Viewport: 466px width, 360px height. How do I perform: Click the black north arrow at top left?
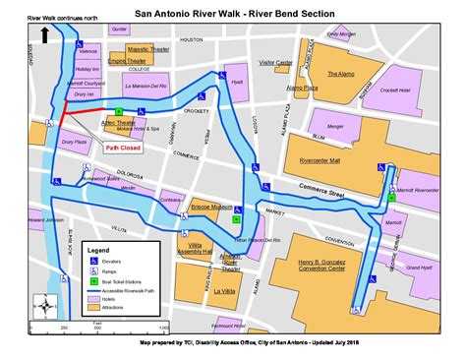tap(45, 36)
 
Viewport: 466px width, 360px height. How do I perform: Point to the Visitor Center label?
tap(275, 62)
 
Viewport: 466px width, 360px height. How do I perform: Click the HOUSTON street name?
tap(191, 41)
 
